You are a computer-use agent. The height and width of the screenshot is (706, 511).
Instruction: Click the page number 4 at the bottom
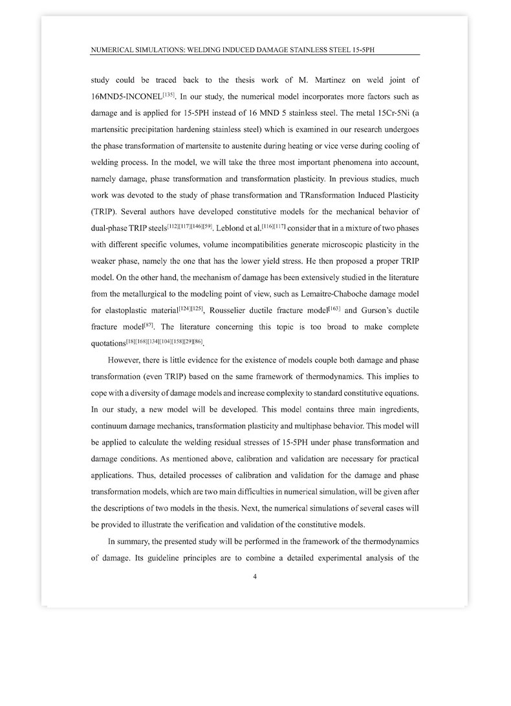pos(255,578)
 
